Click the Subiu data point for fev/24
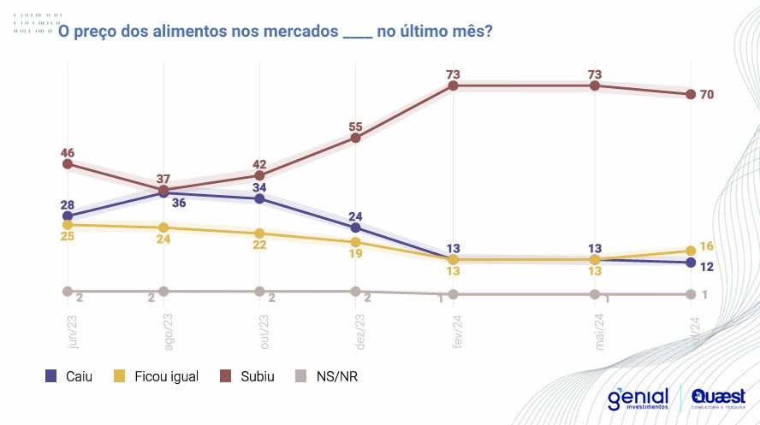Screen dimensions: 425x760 tap(454, 86)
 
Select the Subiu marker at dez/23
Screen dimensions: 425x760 tap(356, 138)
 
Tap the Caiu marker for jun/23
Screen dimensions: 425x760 tap(67, 216)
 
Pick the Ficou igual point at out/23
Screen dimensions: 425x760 tap(260, 233)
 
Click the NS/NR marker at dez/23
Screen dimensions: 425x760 tap(356, 292)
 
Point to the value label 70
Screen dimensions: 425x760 tap(707, 95)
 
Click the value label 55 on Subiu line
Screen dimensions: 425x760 tap(356, 127)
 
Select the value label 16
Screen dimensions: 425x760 tap(707, 246)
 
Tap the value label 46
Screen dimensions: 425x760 tap(67, 151)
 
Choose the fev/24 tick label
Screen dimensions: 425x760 tap(453, 332)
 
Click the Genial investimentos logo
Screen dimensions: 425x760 tap(638, 399)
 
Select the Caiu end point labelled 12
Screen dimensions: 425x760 tap(689, 263)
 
